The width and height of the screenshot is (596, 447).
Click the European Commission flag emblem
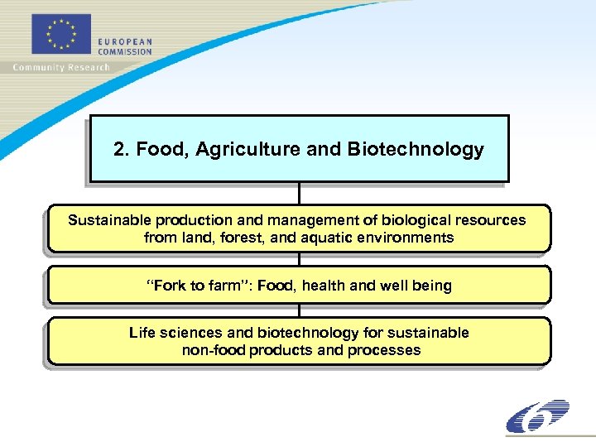tap(60, 36)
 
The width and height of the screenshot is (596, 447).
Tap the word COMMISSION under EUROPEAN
tap(125, 51)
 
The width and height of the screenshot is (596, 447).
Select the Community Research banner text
tap(61, 67)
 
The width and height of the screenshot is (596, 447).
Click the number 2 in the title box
tap(119, 150)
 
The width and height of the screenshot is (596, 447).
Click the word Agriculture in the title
tap(249, 150)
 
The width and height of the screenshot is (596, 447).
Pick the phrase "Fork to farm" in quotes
tap(198, 286)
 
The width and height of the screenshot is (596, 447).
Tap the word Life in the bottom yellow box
tap(142, 333)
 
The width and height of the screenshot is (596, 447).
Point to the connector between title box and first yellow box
tap(299, 193)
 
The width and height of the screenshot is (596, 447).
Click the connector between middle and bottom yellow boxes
tap(299, 310)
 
